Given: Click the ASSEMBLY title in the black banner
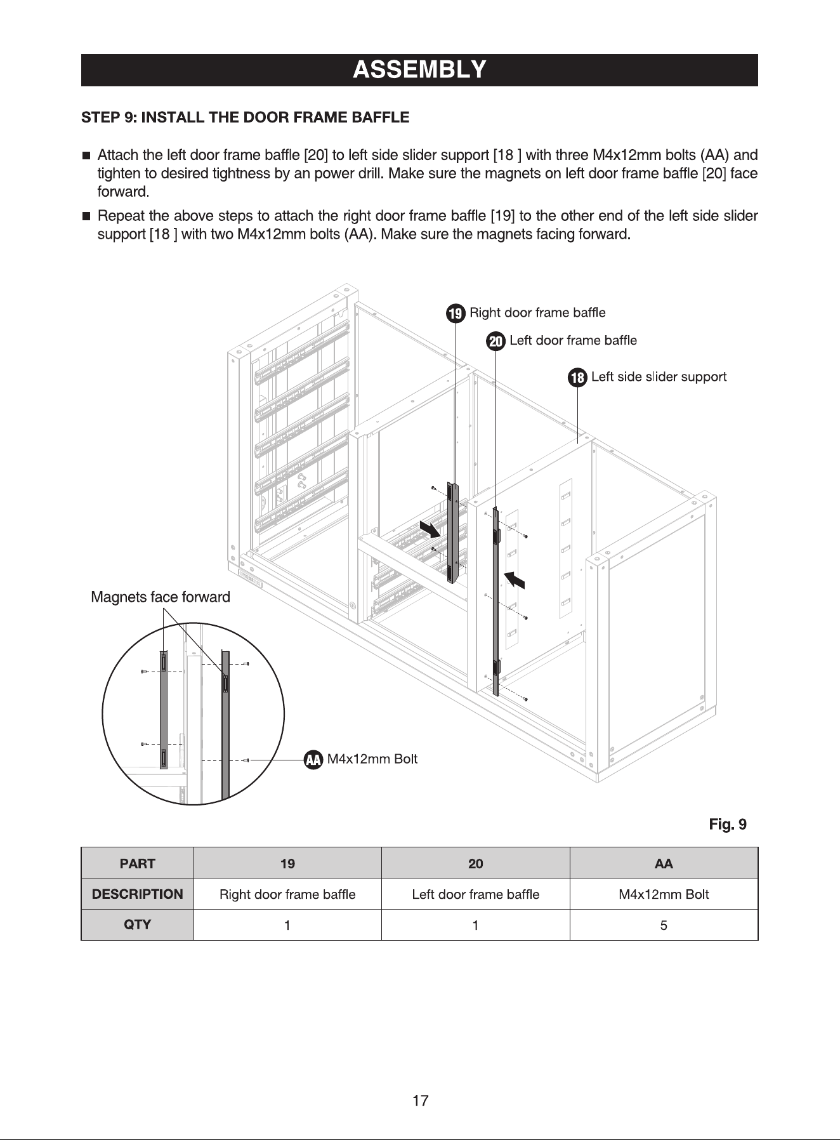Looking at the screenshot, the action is click(419, 69).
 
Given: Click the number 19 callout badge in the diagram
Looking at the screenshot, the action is click(456, 314).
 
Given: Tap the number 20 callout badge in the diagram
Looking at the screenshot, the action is click(495, 342).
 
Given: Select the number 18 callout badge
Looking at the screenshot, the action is click(577, 378).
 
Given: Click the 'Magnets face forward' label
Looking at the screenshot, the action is click(161, 597).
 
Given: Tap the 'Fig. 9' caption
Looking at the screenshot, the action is click(728, 825).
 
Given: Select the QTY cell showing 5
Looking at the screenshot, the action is click(664, 925).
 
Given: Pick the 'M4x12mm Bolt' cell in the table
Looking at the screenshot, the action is click(664, 894).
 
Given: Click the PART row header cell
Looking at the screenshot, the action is click(137, 863).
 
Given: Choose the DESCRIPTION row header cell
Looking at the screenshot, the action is click(137, 894).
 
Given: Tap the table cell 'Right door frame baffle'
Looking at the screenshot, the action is click(287, 894).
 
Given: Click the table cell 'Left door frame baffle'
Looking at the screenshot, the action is click(476, 894).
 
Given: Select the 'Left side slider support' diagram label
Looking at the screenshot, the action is click(659, 377).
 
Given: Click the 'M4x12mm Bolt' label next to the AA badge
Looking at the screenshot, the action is click(372, 759).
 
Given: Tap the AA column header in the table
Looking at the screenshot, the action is click(664, 863).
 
